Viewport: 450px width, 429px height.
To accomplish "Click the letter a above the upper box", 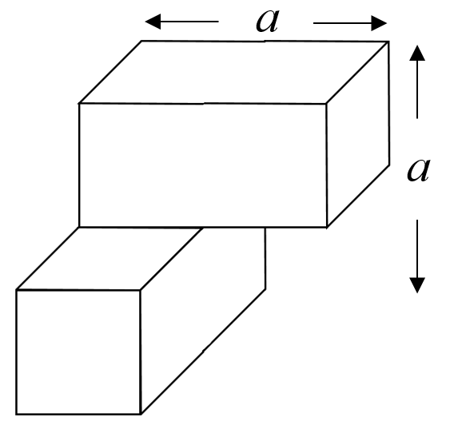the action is click(x=267, y=21).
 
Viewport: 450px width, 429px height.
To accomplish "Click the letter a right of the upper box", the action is click(x=419, y=170).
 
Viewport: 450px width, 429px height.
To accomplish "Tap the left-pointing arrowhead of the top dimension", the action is click(x=153, y=22).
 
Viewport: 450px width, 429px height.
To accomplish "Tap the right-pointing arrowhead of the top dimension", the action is click(x=379, y=23).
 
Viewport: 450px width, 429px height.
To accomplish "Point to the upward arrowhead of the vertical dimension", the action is click(x=417, y=53).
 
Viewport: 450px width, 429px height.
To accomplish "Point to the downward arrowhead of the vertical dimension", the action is click(x=417, y=285).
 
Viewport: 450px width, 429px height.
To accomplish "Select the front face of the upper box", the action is click(x=202, y=165).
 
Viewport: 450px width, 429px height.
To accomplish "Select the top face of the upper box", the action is click(x=234, y=73).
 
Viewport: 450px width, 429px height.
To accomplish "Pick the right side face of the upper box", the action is click(x=358, y=134).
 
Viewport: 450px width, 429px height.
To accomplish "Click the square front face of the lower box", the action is click(x=78, y=352).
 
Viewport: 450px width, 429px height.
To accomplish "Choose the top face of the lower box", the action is click(x=110, y=259).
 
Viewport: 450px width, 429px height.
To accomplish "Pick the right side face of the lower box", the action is click(x=202, y=321).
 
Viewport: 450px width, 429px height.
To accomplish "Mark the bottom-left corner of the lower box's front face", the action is click(x=16, y=414).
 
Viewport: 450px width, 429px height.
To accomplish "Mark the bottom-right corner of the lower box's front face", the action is click(x=141, y=414).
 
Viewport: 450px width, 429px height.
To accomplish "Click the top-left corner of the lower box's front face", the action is click(x=16, y=290).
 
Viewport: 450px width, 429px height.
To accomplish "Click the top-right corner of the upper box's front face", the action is click(x=326, y=104).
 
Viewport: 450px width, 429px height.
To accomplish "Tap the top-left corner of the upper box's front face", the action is click(x=79, y=104).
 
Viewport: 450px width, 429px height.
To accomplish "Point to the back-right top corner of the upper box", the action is click(x=389, y=42).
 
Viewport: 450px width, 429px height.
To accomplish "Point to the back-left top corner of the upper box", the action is click(x=141, y=41).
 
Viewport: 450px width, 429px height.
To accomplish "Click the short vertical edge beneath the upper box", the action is click(x=265, y=258).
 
